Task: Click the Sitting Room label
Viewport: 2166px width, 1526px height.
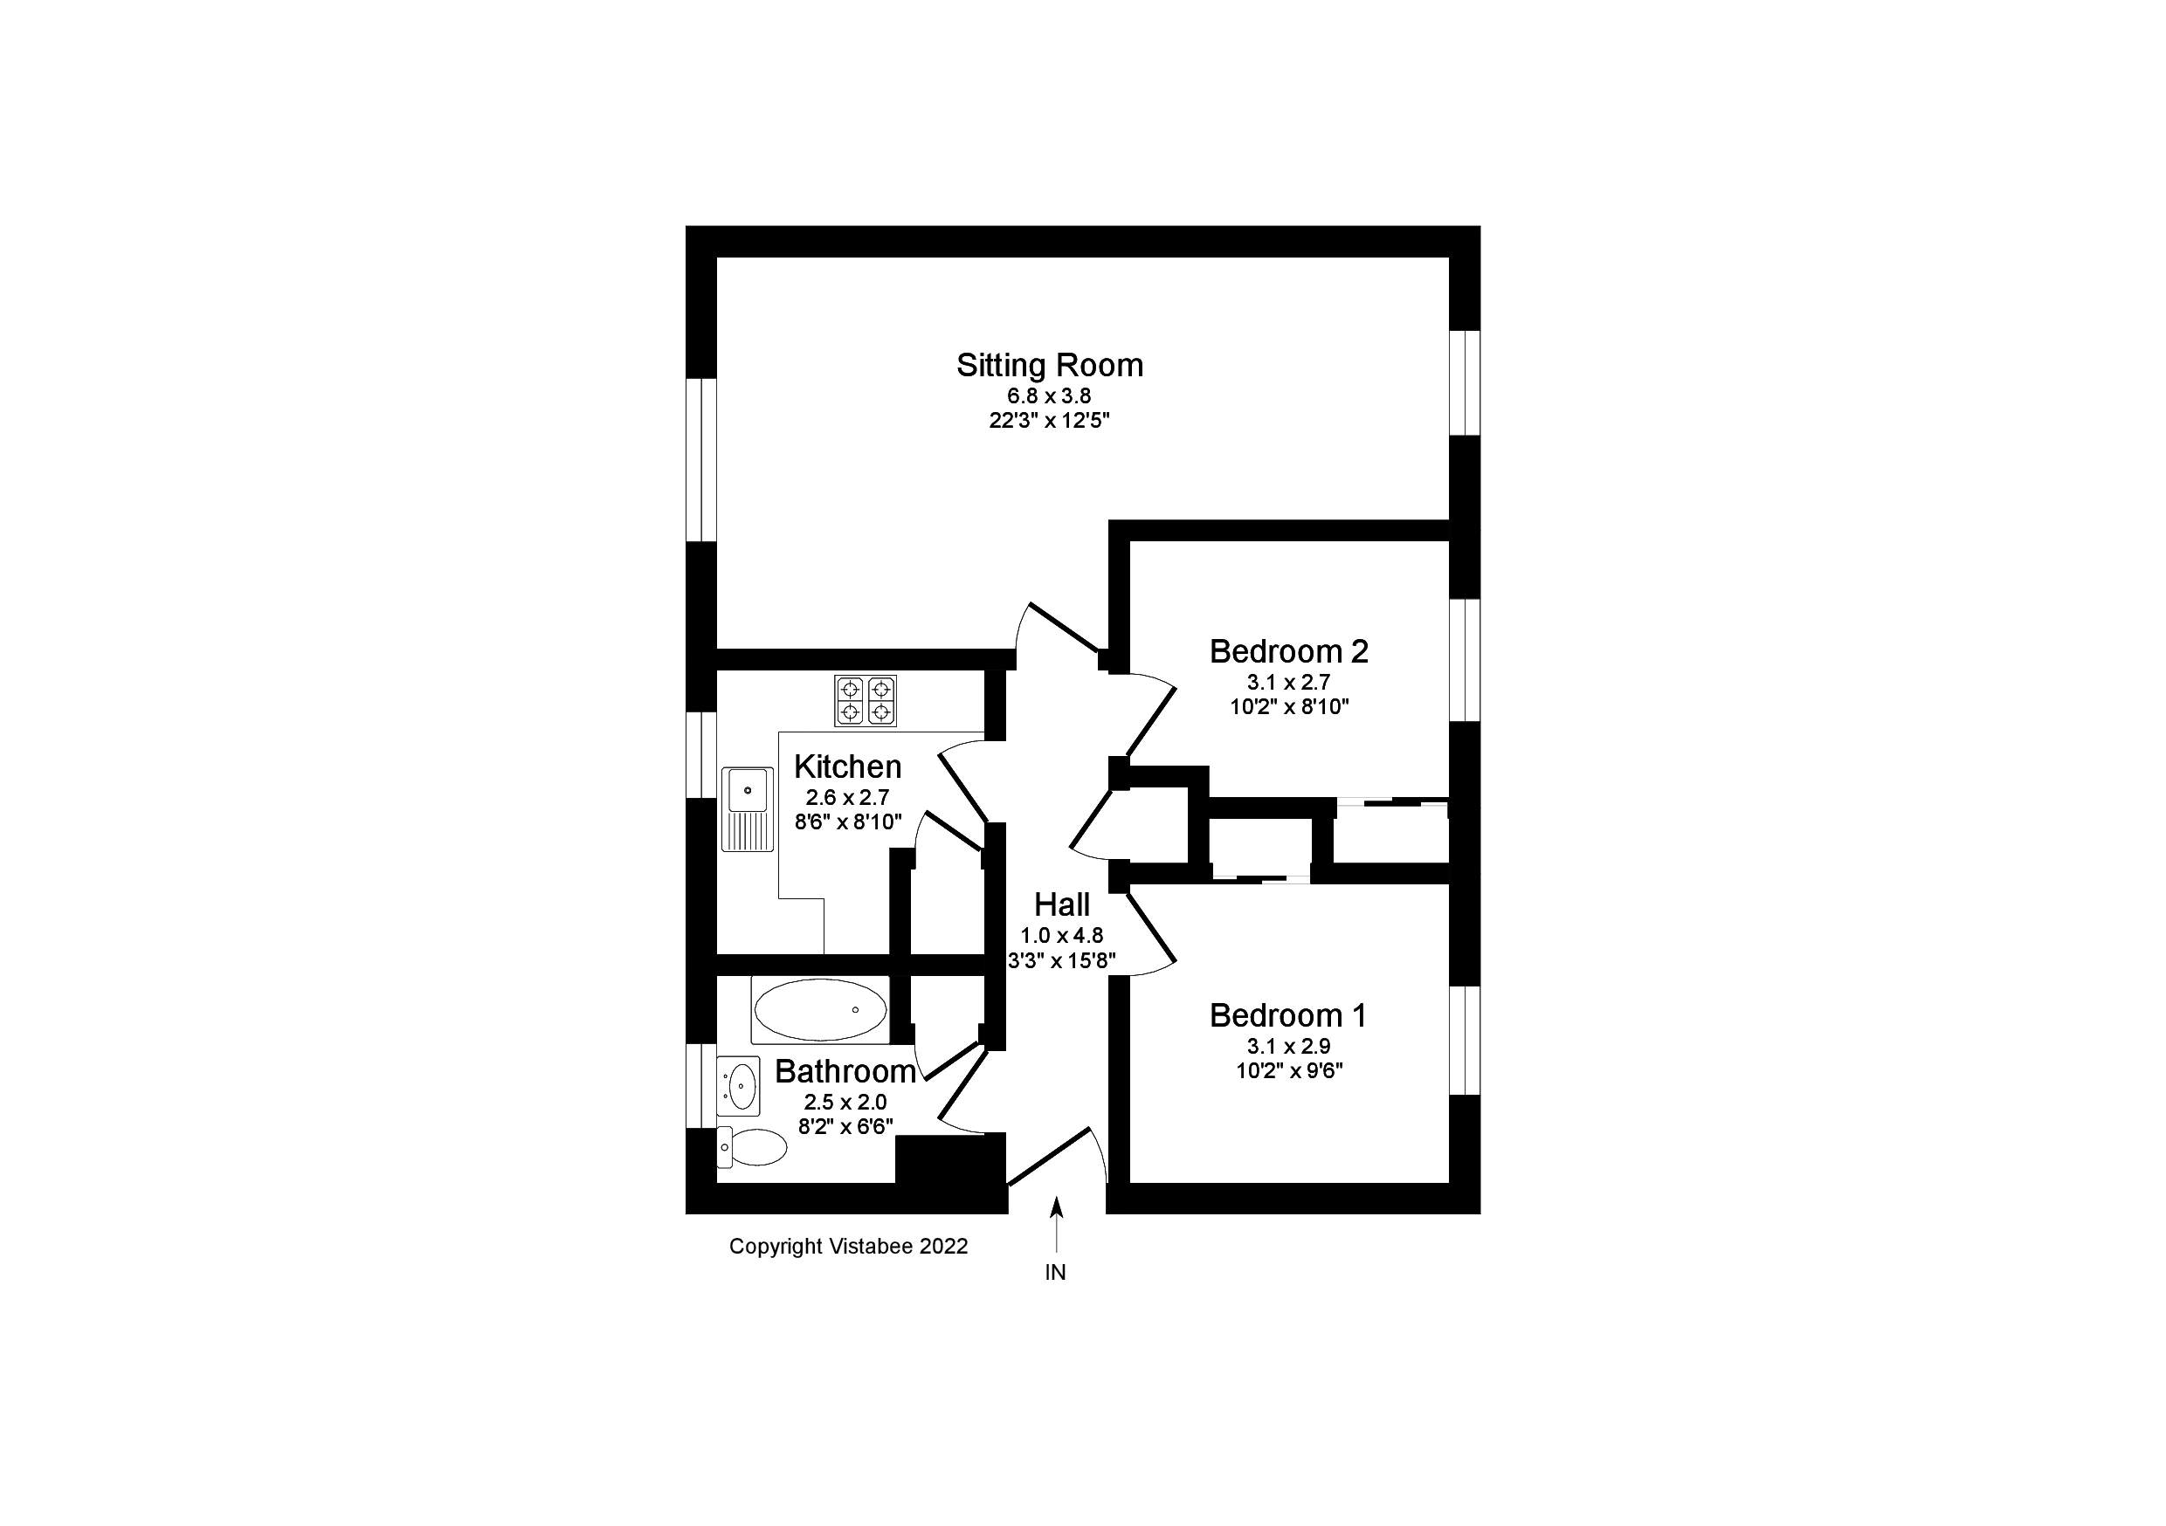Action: pos(1049,366)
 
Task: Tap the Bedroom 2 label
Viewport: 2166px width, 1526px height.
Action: pos(1288,650)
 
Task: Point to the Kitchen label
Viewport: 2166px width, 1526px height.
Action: pos(847,766)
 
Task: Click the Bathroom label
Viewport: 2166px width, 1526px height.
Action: pos(845,1071)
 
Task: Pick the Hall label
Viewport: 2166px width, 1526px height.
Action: pos(1062,904)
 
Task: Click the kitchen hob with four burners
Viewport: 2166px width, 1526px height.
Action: pos(865,701)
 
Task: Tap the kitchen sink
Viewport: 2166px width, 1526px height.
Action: pos(747,809)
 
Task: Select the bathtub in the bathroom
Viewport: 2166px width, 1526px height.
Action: pos(820,1010)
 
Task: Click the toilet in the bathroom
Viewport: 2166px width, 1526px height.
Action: pos(752,1147)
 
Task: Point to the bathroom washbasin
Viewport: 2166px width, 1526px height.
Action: pos(739,1087)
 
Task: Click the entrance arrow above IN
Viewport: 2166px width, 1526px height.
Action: pos(1057,1225)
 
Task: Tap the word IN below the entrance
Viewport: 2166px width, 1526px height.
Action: pos(1056,1272)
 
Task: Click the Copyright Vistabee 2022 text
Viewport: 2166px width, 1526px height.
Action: pos(848,1247)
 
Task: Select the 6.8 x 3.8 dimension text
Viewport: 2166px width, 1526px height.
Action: pos(1049,396)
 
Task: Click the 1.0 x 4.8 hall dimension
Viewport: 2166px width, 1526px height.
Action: pos(1061,936)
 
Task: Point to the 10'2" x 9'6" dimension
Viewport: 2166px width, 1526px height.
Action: pos(1288,1070)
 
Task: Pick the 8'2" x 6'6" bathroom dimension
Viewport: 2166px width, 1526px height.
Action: pos(845,1126)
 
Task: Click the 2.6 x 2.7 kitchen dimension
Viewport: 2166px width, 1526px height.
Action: pos(847,798)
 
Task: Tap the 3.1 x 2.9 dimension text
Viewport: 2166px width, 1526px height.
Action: pos(1288,1046)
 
